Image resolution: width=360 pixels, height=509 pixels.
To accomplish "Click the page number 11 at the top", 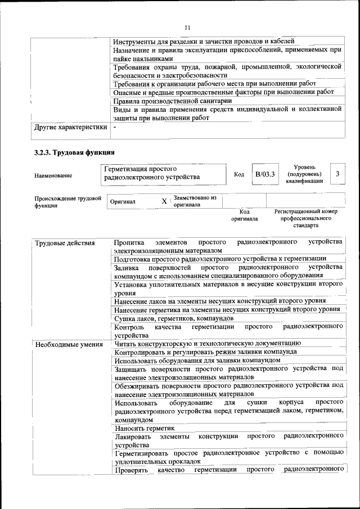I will point(187,27).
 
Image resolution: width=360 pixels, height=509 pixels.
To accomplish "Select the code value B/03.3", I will point(264,174).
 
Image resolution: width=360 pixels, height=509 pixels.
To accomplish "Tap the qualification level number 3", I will point(337,174).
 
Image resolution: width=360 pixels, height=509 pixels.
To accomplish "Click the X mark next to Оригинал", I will point(164,201).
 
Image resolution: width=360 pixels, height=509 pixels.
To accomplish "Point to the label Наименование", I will point(53,175).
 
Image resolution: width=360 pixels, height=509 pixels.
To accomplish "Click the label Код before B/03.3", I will point(238,174).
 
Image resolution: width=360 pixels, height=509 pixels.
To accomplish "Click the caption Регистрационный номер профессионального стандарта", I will point(306,218).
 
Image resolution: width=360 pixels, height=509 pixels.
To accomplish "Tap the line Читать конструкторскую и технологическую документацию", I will point(207,343).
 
